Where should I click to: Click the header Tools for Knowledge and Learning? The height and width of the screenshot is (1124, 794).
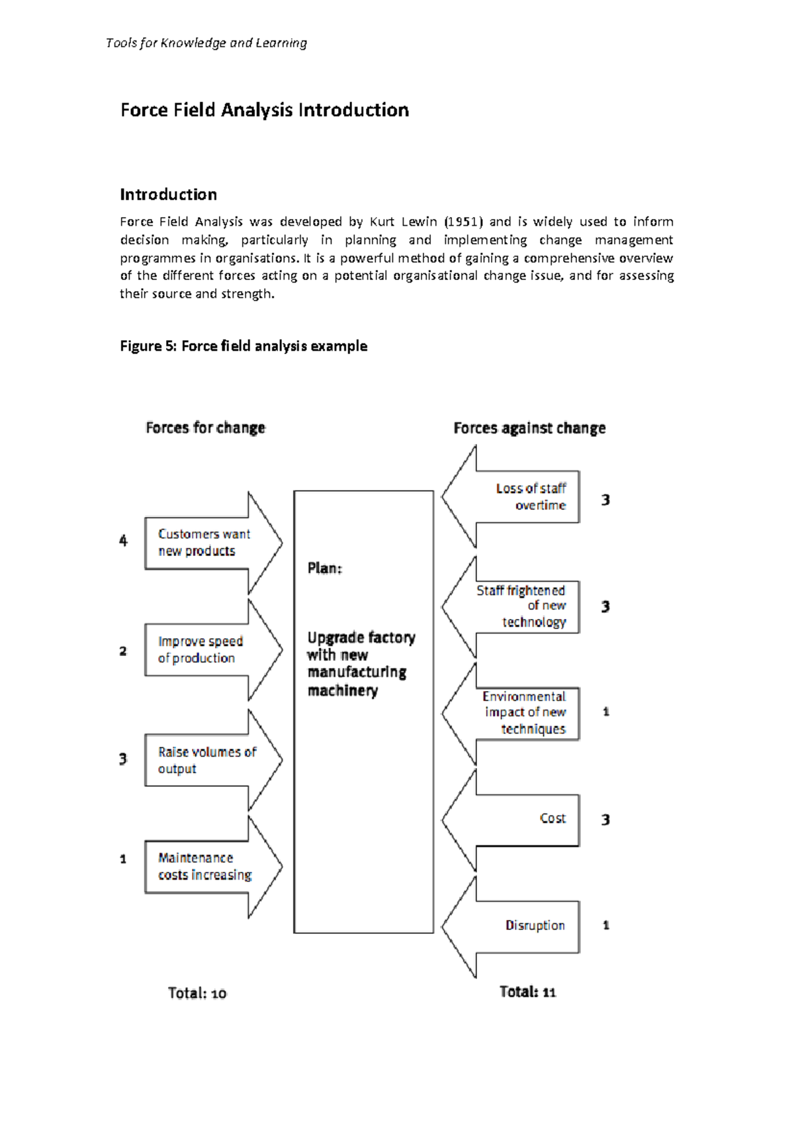click(x=206, y=43)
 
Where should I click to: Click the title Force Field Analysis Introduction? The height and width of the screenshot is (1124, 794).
click(x=264, y=110)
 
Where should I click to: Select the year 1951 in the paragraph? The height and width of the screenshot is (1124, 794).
click(x=463, y=222)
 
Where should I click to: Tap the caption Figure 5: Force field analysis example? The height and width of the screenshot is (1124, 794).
click(x=243, y=346)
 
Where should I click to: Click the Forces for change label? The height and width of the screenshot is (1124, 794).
click(x=205, y=428)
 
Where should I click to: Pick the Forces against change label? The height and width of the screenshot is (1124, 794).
click(x=529, y=428)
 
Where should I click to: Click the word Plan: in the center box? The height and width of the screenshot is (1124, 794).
click(x=324, y=569)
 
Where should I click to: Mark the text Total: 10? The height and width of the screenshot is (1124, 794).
click(x=197, y=993)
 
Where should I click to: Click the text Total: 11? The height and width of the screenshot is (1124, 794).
click(x=527, y=992)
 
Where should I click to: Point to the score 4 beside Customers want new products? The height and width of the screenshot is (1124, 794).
click(x=123, y=541)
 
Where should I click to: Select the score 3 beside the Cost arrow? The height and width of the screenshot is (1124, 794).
click(x=605, y=820)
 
